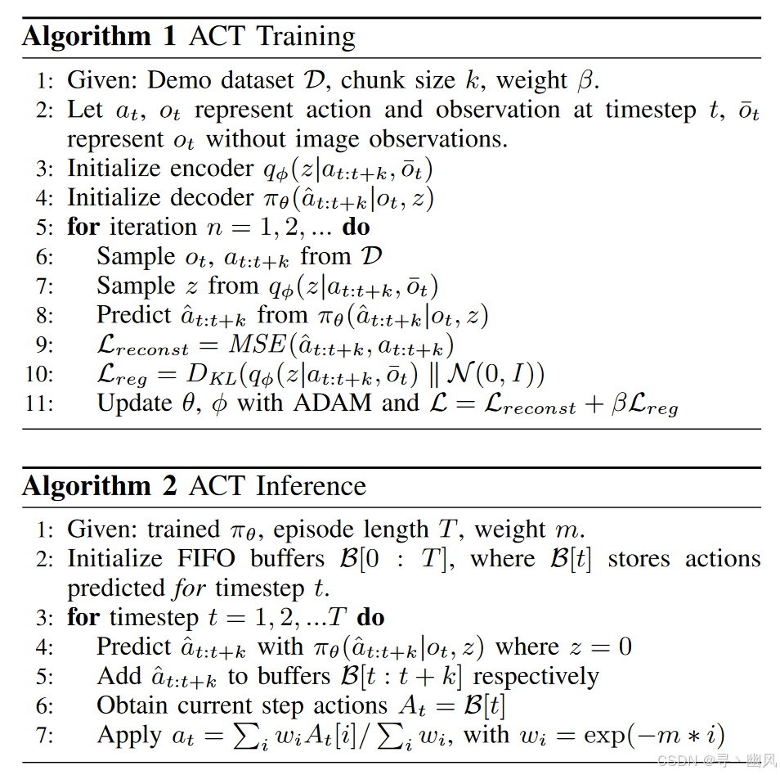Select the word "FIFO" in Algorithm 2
209,559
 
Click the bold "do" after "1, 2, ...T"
370,617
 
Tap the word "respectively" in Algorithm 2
536,677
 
